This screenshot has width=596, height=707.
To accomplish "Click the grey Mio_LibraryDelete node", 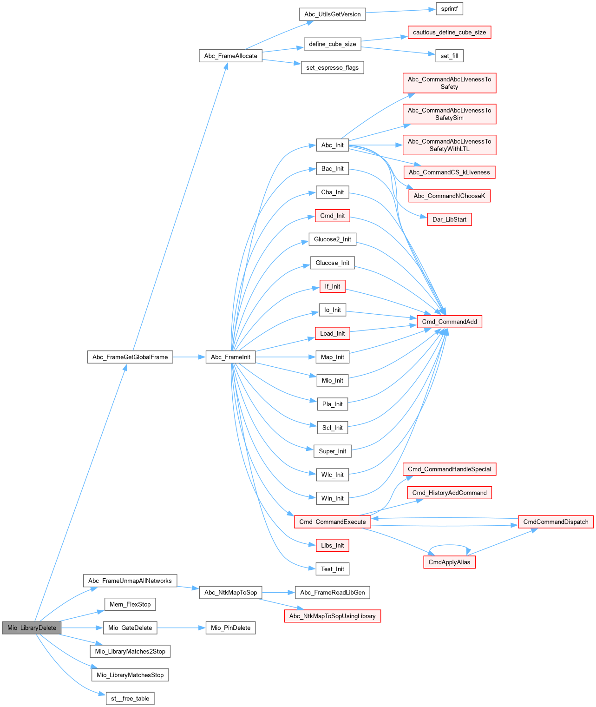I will pos(32,628).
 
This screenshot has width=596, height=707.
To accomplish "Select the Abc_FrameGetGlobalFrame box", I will pos(130,357).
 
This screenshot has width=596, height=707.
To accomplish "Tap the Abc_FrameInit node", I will pos(230,357).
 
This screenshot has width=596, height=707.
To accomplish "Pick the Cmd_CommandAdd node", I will pos(449,322).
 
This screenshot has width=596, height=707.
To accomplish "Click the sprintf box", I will pos(449,9).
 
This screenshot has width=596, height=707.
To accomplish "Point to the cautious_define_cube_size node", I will pos(449,32).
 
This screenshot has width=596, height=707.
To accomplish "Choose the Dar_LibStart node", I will pos(449,219).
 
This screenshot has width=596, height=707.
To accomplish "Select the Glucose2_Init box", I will pos(333,239).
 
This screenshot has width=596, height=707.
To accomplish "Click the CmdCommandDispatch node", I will pos(556,522).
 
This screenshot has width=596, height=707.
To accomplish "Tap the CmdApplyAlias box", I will pos(449,562).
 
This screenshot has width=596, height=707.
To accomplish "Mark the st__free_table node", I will pos(130,698).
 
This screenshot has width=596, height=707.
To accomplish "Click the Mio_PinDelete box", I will pos(230,628).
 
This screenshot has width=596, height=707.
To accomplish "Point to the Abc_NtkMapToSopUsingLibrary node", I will pos(332,616).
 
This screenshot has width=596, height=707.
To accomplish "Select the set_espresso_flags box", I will pos(332,67).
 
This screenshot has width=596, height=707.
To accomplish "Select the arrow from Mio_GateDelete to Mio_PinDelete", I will pos(181,628).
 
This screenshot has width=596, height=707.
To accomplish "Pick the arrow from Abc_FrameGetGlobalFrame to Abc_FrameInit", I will pos(189,357).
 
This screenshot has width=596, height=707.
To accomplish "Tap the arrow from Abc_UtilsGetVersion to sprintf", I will pos(400,11).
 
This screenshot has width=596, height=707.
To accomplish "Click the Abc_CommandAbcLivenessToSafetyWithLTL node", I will pos(449,145).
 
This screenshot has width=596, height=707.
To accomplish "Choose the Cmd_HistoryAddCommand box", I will pos(449,493).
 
